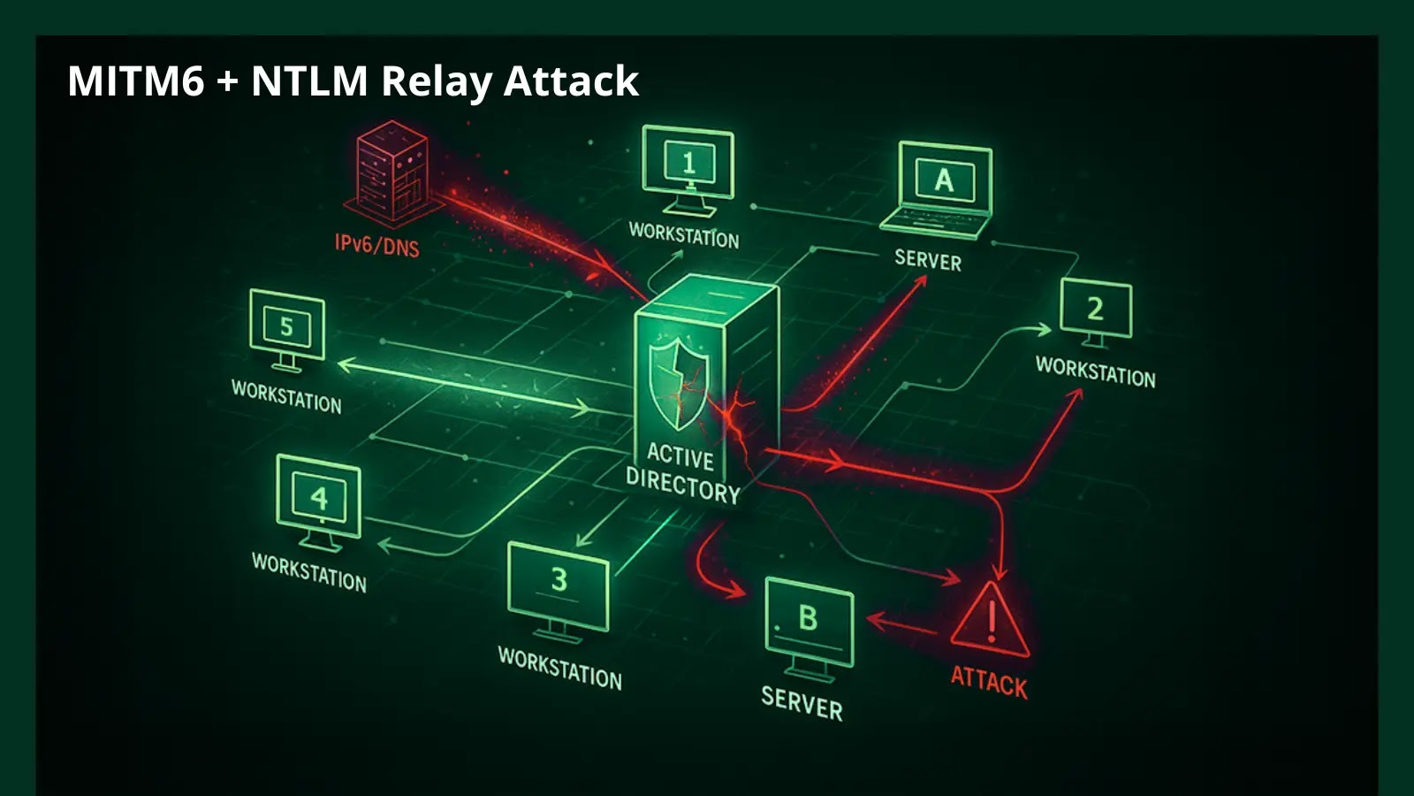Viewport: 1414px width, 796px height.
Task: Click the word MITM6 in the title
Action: coord(135,80)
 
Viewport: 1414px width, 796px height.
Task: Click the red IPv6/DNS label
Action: coord(376,244)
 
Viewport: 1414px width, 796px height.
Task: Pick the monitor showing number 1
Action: coord(688,165)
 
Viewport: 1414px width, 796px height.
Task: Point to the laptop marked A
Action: coord(942,188)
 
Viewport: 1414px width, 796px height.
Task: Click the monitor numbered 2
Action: coord(1096,310)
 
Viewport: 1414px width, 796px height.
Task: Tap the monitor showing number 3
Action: coord(559,584)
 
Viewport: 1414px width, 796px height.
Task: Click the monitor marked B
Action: coord(809,622)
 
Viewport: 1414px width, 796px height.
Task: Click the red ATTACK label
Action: coord(989,683)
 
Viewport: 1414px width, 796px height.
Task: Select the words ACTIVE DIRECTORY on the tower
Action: coord(681,473)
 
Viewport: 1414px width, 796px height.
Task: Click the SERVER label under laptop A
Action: coord(927,259)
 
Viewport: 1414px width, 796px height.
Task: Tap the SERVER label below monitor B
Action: coord(802,703)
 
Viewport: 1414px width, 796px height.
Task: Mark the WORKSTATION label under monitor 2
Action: coord(1095,371)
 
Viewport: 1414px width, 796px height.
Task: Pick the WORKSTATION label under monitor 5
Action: coord(286,396)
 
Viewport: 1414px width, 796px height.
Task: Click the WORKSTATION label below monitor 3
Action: coord(559,668)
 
